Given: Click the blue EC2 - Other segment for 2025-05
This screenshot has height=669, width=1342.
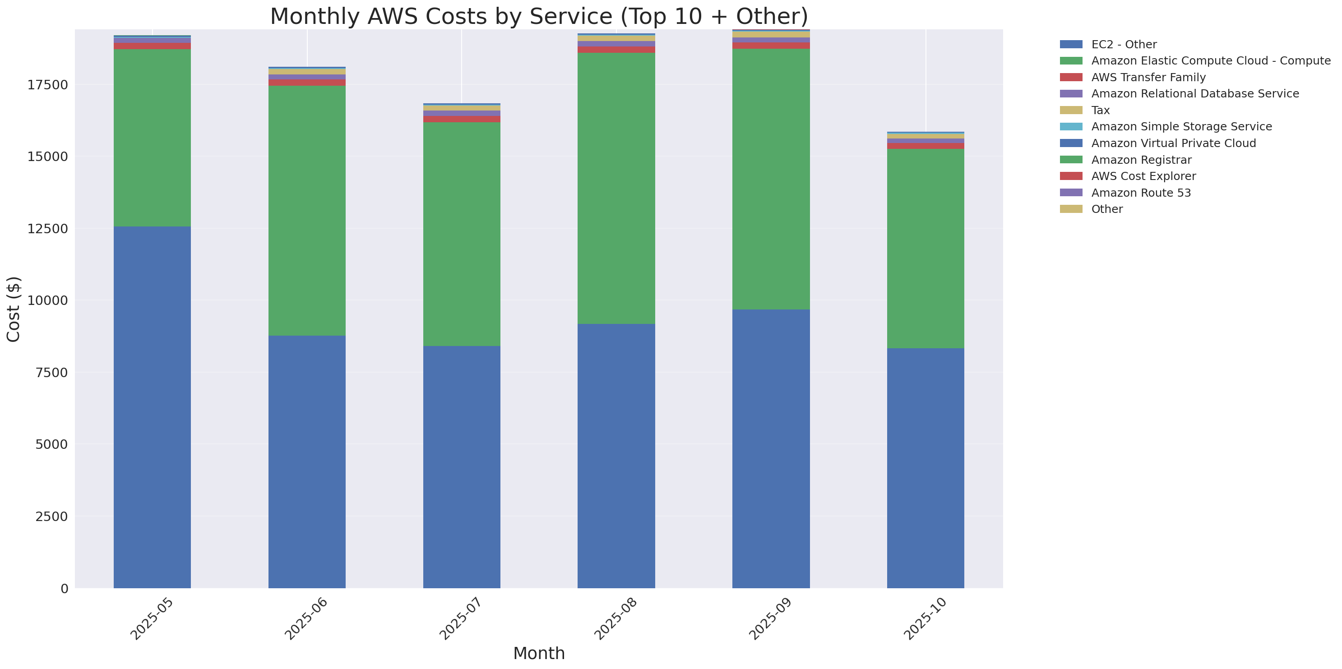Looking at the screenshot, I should pos(152,406).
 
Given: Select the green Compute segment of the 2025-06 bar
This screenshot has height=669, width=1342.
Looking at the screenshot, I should pos(307,210).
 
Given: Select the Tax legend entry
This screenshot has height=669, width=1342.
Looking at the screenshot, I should pos(1100,111).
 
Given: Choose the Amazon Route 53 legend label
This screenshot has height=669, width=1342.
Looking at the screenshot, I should pos(1140,193).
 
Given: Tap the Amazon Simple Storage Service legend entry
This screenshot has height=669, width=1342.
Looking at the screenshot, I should pos(1181,126).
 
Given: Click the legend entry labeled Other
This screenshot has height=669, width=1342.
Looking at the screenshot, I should pos(1106,209).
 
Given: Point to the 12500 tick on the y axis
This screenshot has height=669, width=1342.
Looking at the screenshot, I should pos(47,229).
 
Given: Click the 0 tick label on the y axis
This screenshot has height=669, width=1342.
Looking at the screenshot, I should pos(64,588).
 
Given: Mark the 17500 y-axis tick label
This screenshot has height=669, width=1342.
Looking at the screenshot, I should pos(47,85).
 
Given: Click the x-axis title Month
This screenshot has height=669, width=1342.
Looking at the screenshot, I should pos(539,653).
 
